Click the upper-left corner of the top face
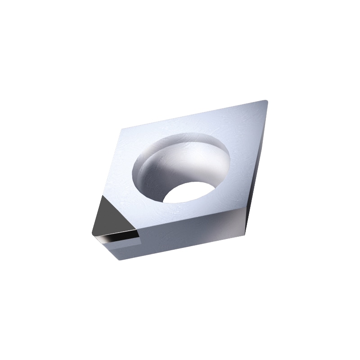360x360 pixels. [x=122, y=128]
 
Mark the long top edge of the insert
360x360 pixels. [x=193, y=114]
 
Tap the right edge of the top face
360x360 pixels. [x=256, y=153]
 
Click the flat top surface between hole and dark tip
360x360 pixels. [x=130, y=198]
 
